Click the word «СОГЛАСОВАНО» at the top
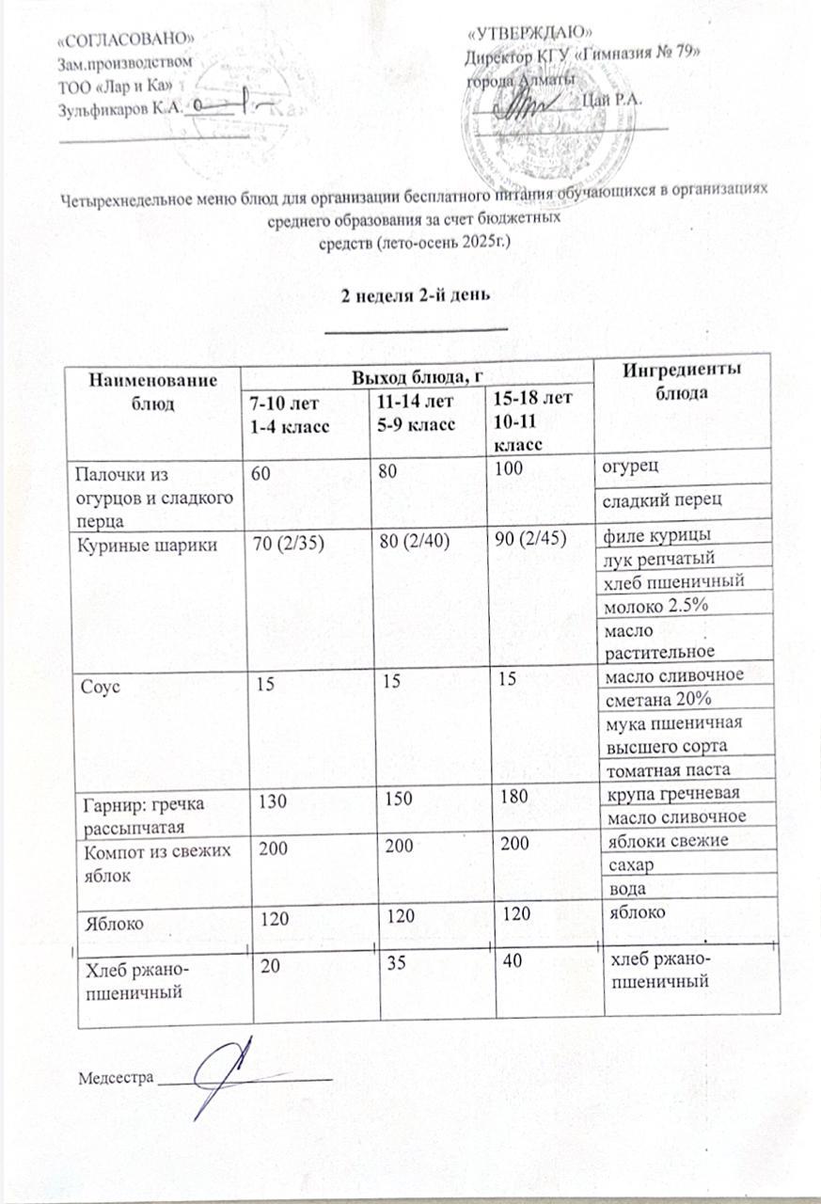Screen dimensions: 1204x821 pyautogui.click(x=126, y=39)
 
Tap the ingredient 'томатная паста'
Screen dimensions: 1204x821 pyautogui.click(x=657, y=769)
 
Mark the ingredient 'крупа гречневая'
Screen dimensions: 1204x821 pyautogui.click(x=668, y=792)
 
